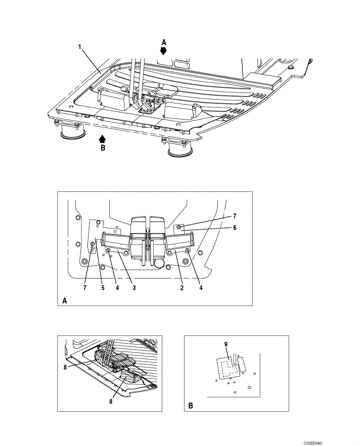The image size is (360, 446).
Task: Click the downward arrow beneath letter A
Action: (x=164, y=51)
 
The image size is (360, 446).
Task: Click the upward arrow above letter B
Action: (x=102, y=139)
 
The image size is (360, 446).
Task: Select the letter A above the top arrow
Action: (x=164, y=42)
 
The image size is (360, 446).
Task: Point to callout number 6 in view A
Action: (x=234, y=227)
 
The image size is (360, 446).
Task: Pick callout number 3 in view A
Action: (x=134, y=288)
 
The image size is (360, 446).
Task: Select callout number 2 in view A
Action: (x=182, y=288)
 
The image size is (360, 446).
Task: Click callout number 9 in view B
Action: (x=226, y=344)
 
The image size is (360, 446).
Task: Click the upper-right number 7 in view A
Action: (x=234, y=216)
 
